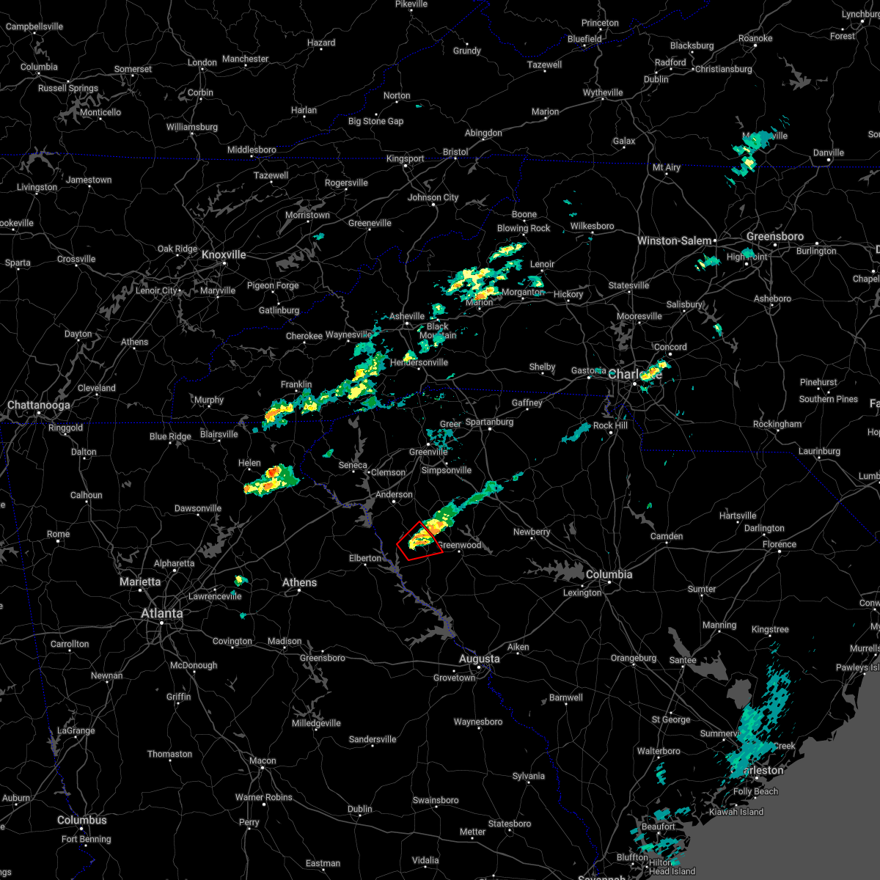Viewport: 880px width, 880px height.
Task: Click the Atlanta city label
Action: click(x=162, y=613)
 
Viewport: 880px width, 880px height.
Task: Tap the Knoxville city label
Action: click(x=224, y=254)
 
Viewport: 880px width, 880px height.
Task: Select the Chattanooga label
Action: click(x=39, y=405)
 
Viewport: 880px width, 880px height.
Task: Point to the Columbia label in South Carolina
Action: click(x=609, y=574)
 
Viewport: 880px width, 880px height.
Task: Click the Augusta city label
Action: click(x=479, y=659)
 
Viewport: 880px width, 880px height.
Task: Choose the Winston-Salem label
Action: click(x=674, y=241)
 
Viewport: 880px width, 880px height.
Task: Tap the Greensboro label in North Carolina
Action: click(x=775, y=236)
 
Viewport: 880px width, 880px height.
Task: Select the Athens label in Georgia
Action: click(x=299, y=582)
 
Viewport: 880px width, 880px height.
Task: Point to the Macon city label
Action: click(x=263, y=760)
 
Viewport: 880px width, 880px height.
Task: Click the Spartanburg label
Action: click(x=489, y=422)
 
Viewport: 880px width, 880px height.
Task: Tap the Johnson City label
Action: click(x=433, y=197)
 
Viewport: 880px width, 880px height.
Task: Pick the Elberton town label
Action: click(x=365, y=558)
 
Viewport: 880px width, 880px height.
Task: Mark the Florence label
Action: click(x=779, y=544)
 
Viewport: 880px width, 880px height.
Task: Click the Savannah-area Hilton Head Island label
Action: click(x=672, y=870)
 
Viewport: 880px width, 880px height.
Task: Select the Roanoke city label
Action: click(x=755, y=38)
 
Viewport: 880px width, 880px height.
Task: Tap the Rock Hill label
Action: click(x=610, y=425)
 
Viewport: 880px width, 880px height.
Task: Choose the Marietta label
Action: click(x=140, y=582)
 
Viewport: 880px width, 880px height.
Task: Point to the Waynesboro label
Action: click(x=478, y=722)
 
